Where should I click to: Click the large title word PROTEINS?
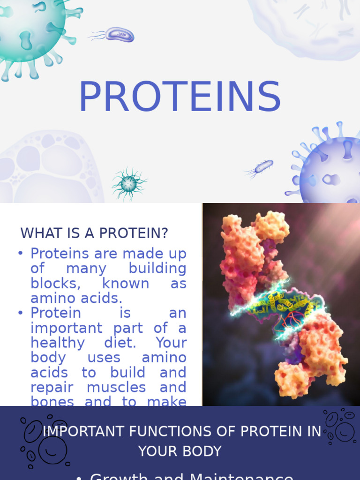[180, 97]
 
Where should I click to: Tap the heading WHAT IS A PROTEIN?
[94, 233]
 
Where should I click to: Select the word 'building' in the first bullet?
[157, 269]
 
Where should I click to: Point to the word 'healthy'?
[58, 343]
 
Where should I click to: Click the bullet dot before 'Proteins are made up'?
[20, 254]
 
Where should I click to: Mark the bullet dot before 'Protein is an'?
[20, 313]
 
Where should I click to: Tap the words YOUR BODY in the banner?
[180, 451]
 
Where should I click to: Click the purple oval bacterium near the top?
[119, 34]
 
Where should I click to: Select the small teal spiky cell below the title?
[129, 184]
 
